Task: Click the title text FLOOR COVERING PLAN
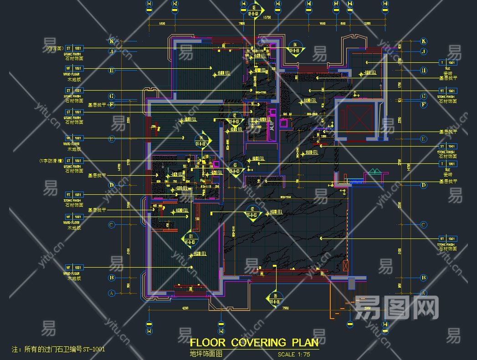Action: [x=254, y=342]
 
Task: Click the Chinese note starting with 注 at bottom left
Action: [x=58, y=350]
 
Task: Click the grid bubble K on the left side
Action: [x=111, y=41]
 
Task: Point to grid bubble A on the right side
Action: [x=423, y=293]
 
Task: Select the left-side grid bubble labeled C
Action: [x=111, y=225]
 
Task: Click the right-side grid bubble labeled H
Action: [x=423, y=70]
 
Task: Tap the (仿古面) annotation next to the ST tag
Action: [x=54, y=48]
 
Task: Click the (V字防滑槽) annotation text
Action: [x=51, y=161]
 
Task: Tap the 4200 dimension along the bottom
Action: [x=185, y=308]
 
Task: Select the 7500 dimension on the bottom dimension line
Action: [x=285, y=308]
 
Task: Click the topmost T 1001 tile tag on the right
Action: [x=447, y=62]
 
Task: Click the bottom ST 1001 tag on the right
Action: [x=447, y=238]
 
